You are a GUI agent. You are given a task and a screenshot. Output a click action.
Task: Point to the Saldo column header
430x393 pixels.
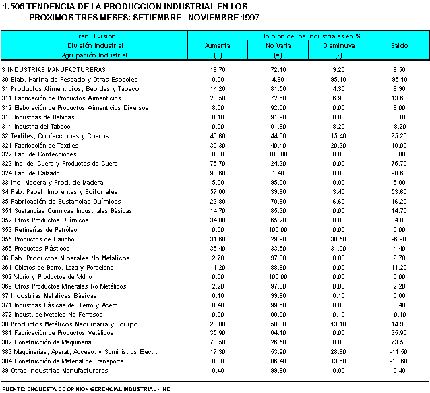click(399, 45)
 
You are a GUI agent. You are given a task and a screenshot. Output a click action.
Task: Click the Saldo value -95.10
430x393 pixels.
click(399, 79)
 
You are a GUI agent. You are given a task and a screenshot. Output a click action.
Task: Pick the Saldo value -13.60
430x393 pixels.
click(399, 361)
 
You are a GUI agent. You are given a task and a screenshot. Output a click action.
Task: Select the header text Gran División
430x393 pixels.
click(94, 36)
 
